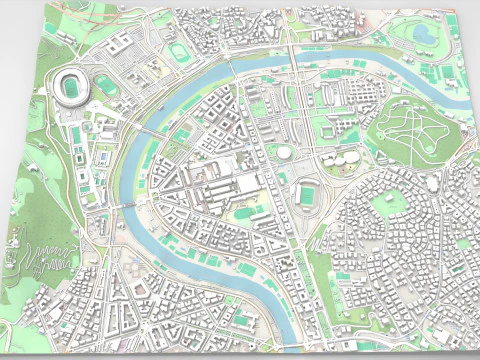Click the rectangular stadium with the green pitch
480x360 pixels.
(309, 193)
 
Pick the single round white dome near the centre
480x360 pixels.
(284, 152)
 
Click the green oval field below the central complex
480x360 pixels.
(243, 212)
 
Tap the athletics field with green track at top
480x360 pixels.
(178, 50)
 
